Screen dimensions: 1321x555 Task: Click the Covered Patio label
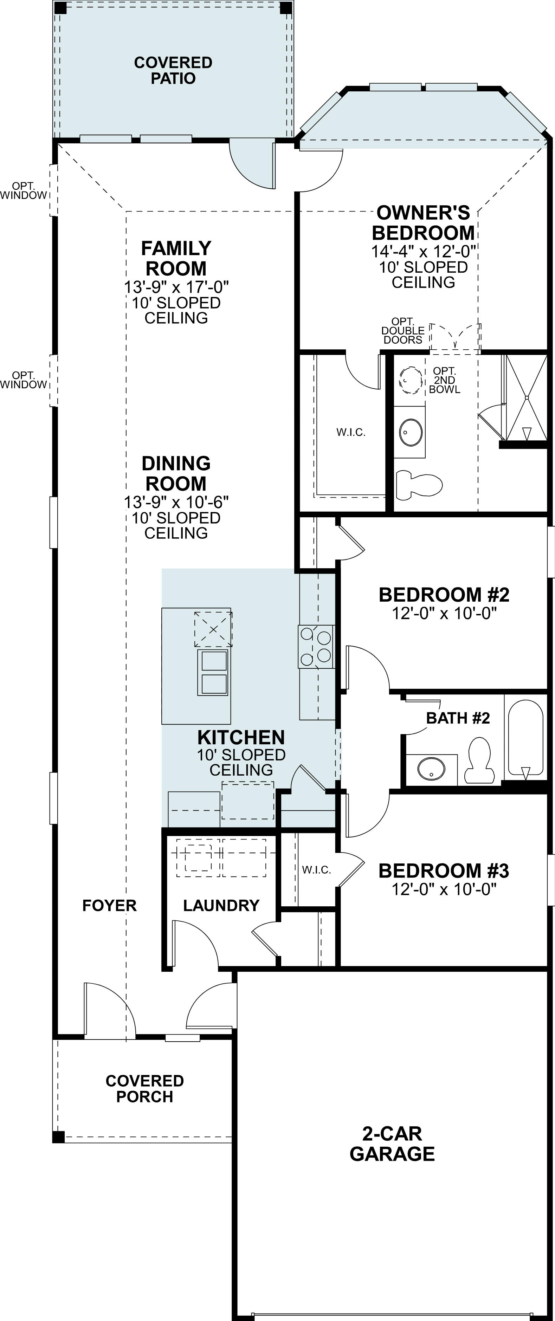tap(173, 70)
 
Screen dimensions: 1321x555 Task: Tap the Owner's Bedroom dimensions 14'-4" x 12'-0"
tap(424, 251)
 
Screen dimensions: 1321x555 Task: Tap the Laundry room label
tap(221, 905)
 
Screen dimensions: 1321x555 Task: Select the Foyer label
tap(109, 905)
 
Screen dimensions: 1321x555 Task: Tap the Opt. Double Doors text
tap(403, 331)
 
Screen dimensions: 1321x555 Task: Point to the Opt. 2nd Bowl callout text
tap(444, 380)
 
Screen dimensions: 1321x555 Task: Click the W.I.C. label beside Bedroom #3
tap(316, 870)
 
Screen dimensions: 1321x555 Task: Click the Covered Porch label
tap(145, 1088)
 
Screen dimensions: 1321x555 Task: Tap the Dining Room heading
tap(176, 473)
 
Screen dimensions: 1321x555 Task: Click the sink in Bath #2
tap(431, 769)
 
